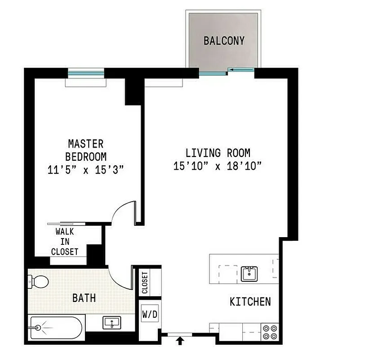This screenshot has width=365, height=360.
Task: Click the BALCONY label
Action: point(224,41)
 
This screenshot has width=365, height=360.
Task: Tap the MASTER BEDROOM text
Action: point(85,150)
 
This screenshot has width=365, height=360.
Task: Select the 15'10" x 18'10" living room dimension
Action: point(218,166)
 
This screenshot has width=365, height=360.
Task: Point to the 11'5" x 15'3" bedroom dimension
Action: point(85,170)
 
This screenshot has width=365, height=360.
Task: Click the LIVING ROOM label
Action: point(218,152)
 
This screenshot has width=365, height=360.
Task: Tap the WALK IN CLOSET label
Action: point(65,242)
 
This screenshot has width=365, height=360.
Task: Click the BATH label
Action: point(84,298)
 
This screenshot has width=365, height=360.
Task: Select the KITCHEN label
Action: point(250,301)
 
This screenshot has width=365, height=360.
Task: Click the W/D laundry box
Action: point(150,314)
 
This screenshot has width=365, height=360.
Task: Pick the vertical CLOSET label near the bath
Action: point(145,283)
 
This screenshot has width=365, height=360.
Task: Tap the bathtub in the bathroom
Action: point(57,328)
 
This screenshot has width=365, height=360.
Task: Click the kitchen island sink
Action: point(248,273)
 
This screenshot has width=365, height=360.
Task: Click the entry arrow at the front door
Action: point(180,342)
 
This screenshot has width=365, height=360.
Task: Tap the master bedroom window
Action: point(86,72)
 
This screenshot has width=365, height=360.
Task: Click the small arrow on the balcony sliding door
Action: point(231,69)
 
